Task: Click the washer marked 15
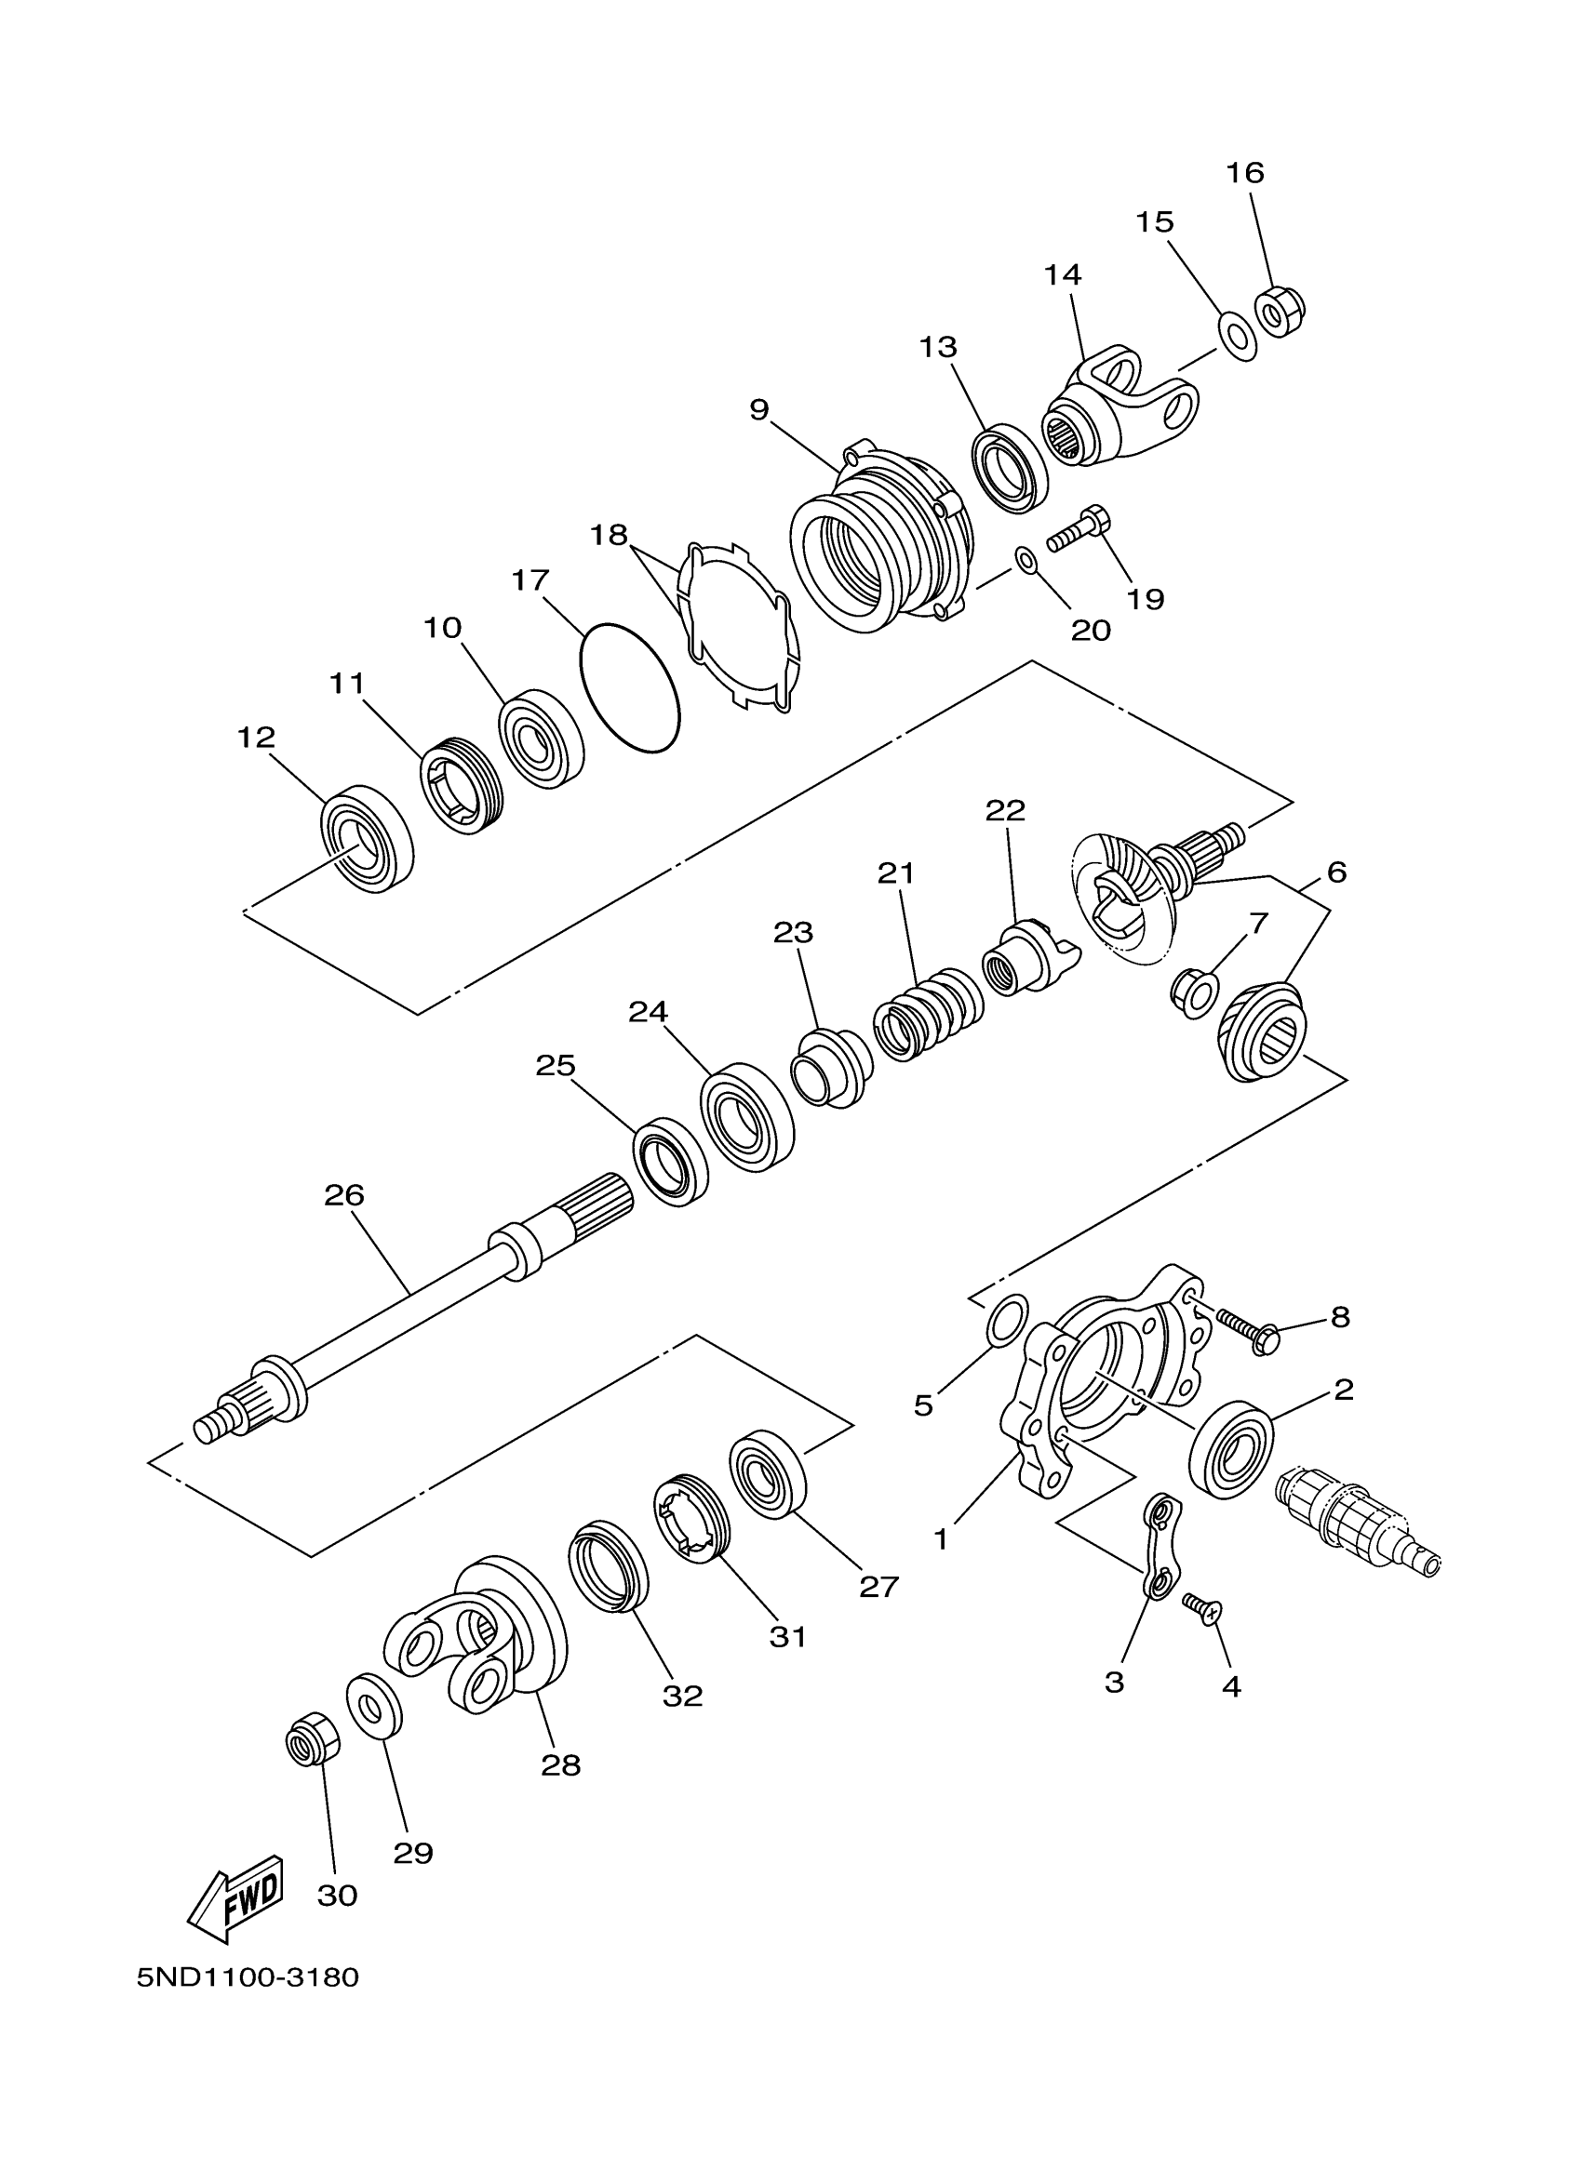tap(1238, 336)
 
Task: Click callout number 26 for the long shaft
tap(343, 1195)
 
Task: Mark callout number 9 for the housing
tap(758, 410)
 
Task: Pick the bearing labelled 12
tap(366, 838)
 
